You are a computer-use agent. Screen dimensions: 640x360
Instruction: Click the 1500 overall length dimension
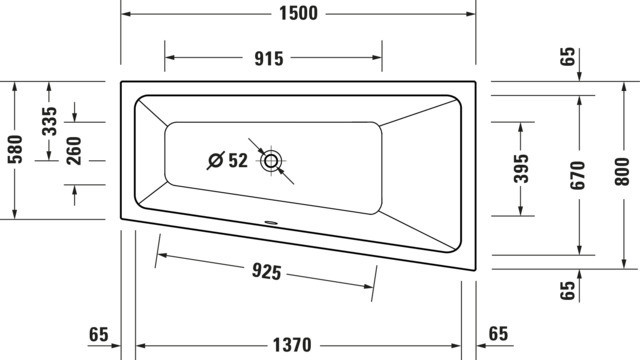point(298,13)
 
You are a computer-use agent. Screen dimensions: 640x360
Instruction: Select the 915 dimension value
point(269,59)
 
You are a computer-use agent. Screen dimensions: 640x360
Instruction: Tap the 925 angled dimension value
point(267,271)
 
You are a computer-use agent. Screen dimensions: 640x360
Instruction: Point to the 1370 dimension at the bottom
point(292,345)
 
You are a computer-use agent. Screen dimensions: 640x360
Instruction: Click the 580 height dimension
point(15,149)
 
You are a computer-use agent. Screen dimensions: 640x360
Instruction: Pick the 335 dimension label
point(50,121)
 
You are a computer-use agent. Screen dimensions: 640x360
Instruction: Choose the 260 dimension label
point(74,151)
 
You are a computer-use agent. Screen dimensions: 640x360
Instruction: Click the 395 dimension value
point(521,168)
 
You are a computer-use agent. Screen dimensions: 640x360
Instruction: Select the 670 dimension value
point(578,176)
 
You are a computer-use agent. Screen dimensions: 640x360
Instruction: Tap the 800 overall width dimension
point(622,172)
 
